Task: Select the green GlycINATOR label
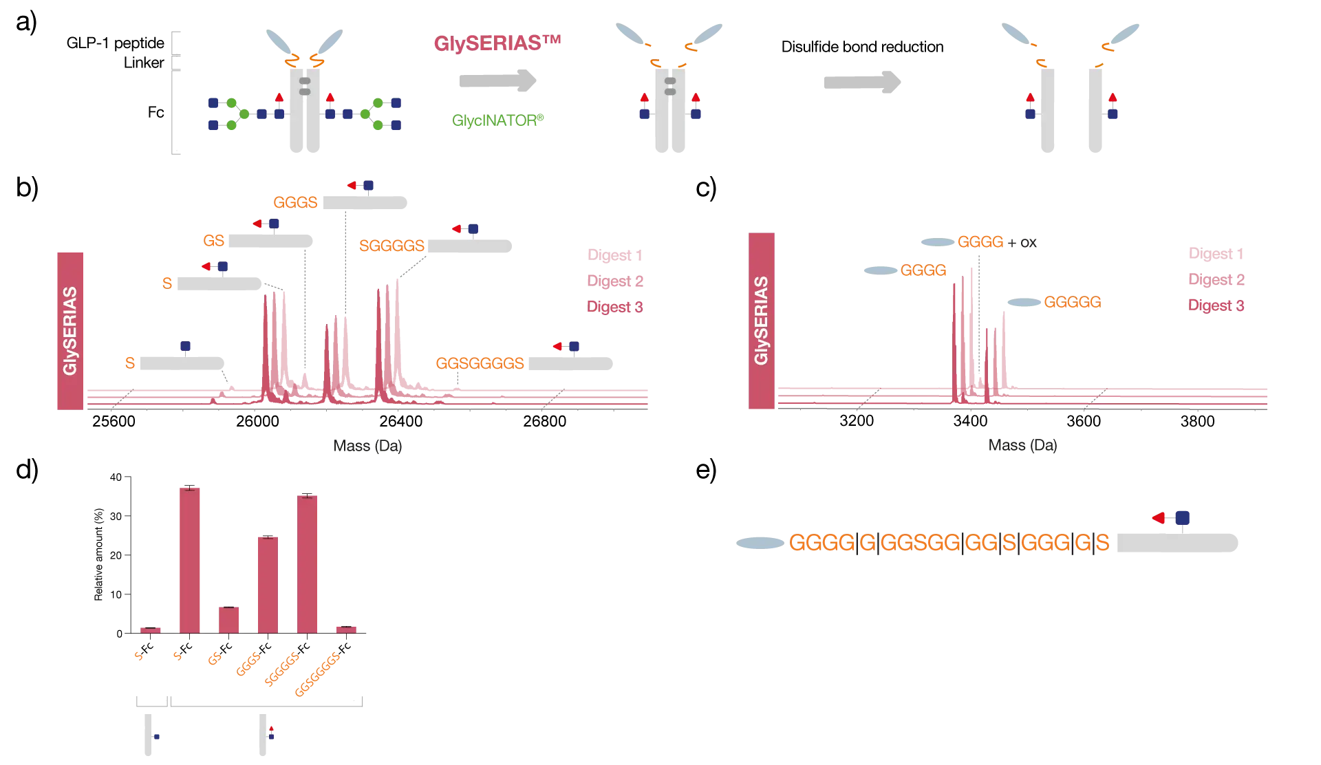coord(498,120)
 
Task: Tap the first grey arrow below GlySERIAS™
coord(497,81)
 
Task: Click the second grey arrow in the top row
coord(860,83)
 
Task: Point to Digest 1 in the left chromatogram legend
coord(614,256)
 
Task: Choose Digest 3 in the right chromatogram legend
coord(1216,305)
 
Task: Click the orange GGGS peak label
coord(296,202)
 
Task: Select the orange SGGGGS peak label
coord(391,246)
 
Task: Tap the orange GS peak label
coord(214,240)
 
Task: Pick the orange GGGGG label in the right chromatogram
coord(1072,302)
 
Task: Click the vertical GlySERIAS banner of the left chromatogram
coord(70,330)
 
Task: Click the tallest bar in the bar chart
coord(190,559)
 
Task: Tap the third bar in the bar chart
coord(228,619)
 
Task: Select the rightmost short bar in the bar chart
coord(346,627)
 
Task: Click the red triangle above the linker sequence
coord(1159,517)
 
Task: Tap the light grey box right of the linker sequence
coord(1177,542)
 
